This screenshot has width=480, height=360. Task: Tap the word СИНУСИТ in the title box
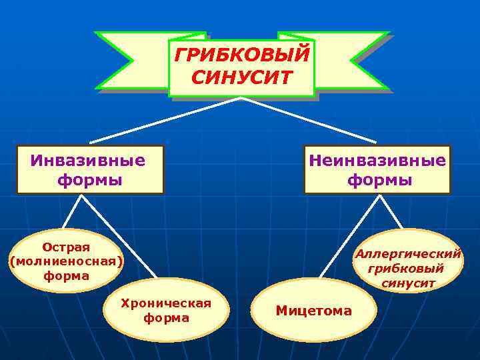tap(241, 78)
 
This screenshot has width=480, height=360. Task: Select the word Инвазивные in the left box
tap(88, 161)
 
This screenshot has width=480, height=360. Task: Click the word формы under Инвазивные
tap(90, 180)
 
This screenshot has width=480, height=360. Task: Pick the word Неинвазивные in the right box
tap(377, 161)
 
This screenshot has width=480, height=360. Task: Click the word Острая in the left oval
tap(66, 247)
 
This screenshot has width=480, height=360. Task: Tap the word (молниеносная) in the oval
tap(66, 261)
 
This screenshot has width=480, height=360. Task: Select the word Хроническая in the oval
tap(166, 304)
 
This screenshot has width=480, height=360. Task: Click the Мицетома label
tap(313, 311)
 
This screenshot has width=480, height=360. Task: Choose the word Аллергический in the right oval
tap(408, 254)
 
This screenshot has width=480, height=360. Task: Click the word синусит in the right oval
tap(408, 283)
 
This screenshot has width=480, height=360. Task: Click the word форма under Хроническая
tap(166, 319)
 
